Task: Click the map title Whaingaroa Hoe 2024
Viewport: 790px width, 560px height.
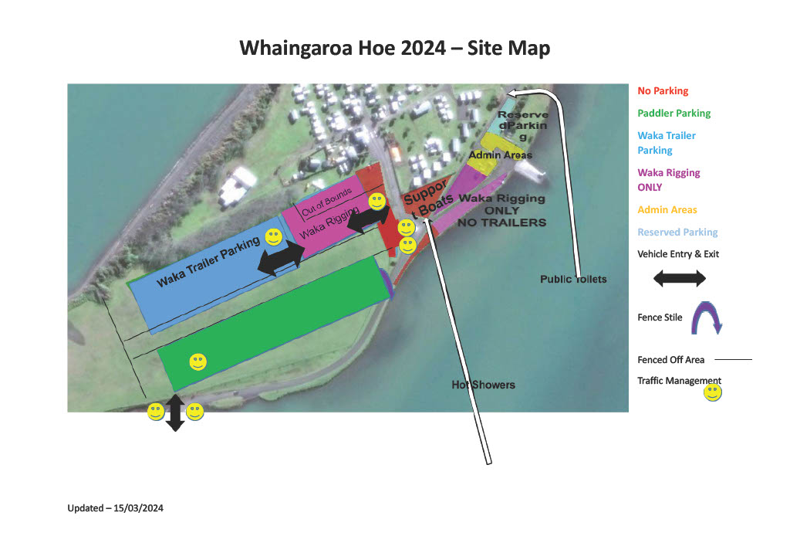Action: click(394, 48)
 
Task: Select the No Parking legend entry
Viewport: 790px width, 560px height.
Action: click(663, 91)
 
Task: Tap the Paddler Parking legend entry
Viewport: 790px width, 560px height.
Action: click(674, 114)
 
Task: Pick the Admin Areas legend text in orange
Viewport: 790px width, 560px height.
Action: click(667, 210)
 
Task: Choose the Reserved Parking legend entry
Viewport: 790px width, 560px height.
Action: click(677, 232)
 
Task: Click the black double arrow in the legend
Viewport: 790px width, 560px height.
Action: click(679, 279)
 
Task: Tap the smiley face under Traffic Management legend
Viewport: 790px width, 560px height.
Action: click(712, 393)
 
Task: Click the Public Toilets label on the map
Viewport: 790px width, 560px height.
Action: click(573, 279)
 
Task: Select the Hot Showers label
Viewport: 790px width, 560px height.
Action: click(483, 385)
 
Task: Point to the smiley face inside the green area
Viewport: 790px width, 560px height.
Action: click(197, 361)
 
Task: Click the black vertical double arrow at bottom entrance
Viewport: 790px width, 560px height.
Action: click(175, 412)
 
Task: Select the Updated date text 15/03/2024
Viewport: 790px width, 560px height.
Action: click(115, 508)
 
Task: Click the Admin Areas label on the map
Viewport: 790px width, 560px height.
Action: click(500, 155)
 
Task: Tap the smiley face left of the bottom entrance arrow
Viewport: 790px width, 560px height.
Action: click(156, 412)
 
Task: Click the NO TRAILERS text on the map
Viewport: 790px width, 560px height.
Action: click(502, 222)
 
